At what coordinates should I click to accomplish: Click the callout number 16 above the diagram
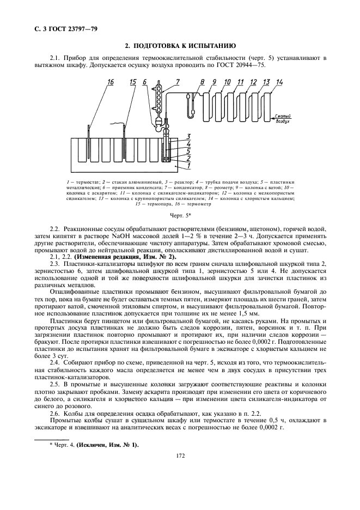coord(111,82)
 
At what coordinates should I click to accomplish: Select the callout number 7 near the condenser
coord(177,82)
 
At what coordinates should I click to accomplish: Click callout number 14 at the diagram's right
coord(279,82)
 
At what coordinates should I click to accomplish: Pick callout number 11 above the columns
coord(240,82)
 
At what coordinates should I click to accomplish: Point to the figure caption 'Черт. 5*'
coord(179,216)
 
